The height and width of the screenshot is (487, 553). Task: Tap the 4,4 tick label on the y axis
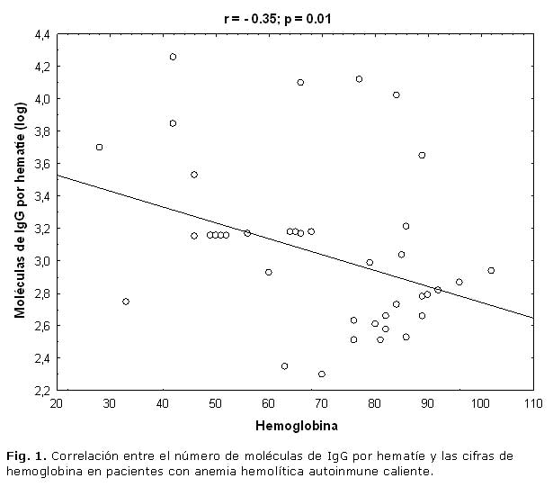tap(42, 34)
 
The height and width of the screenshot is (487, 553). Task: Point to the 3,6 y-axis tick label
tap(42, 164)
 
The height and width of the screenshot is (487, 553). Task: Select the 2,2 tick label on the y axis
tap(42, 391)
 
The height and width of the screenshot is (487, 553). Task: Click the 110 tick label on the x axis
tap(533, 403)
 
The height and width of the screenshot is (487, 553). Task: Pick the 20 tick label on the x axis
tap(57, 403)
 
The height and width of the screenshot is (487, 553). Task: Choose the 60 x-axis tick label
tap(268, 403)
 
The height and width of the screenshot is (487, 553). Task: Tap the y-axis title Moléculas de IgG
tap(21, 212)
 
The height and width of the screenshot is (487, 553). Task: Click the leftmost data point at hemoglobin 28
tap(99, 147)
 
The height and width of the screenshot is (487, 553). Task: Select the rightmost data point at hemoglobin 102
tap(491, 270)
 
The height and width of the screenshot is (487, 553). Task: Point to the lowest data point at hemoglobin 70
tap(322, 374)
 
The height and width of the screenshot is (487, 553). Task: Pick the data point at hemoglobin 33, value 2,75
tap(126, 301)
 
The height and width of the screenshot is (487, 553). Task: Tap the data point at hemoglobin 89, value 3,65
tap(422, 155)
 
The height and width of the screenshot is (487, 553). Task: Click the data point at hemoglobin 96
tap(459, 282)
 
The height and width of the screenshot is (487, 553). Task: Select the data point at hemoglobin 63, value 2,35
tap(284, 365)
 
